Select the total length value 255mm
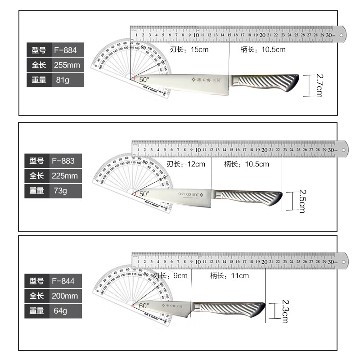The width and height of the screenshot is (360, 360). coord(67,65)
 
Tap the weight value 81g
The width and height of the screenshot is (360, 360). coord(61,80)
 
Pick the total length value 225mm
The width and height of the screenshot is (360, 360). coord(66,175)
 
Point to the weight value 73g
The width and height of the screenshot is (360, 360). coord(60,191)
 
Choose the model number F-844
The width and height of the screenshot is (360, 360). coord(63,281)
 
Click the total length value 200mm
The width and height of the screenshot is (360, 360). coord(66,296)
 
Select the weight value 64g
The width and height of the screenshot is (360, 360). coord(60,311)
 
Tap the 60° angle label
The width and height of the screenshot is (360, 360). coord(144,305)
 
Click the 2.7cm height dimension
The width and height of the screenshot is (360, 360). coord(319,85)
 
